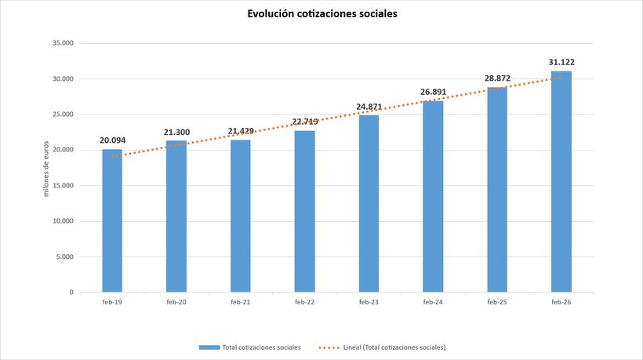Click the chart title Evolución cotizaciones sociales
coord(321,14)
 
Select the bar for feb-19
coord(112,220)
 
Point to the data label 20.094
coord(112,140)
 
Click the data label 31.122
coord(561,62)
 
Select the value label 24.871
coord(369,107)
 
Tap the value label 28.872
coord(497,78)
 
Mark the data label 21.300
coord(176,132)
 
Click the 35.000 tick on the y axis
coord(63,43)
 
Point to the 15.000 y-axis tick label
coord(63,185)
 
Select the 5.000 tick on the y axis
coord(64,256)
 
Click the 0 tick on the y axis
coord(71,292)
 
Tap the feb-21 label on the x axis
coord(240,302)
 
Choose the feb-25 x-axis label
coord(497,302)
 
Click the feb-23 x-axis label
coord(369,302)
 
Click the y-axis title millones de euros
coord(46,168)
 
